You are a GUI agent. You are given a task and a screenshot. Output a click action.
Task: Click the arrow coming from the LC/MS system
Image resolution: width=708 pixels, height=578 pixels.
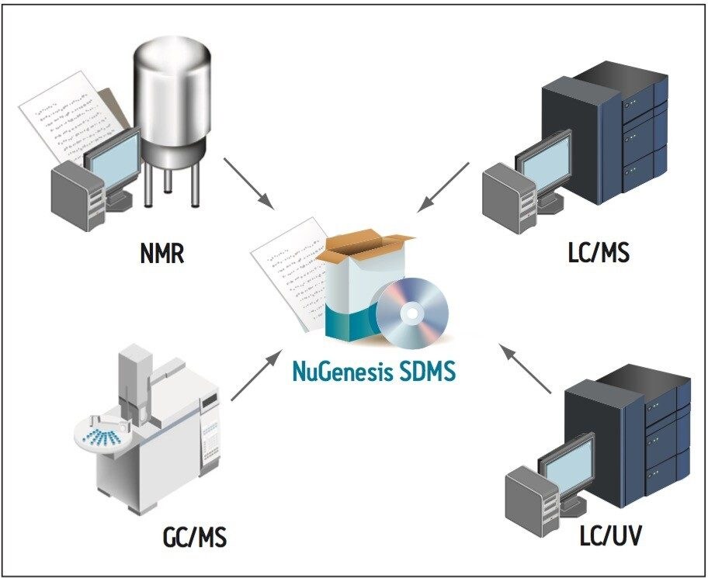443,187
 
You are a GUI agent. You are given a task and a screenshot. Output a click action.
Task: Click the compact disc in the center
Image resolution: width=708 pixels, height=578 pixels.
411,314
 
